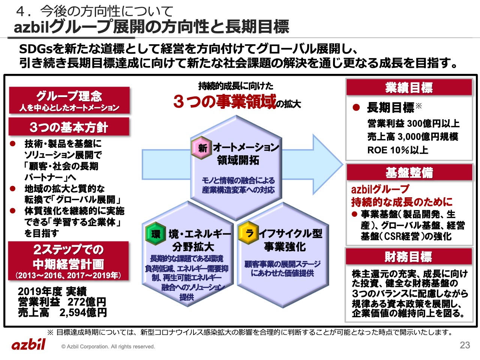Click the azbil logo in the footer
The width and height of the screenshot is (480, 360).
click(28, 344)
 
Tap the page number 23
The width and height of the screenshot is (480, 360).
click(465, 345)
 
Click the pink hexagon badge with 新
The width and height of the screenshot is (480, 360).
click(202, 148)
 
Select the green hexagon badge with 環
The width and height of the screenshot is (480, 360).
click(156, 234)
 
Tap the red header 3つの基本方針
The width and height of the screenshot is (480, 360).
click(69, 127)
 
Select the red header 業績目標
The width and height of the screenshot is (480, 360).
click(409, 88)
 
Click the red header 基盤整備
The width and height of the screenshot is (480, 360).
click(409, 172)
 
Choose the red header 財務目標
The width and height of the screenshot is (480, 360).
click(408, 257)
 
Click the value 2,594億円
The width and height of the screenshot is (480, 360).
click(83, 312)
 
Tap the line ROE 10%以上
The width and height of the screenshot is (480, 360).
click(398, 150)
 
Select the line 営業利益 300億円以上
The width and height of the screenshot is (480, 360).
click(413, 123)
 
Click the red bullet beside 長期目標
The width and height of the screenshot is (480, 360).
click(356, 108)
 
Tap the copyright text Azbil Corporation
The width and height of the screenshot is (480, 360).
click(108, 346)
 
